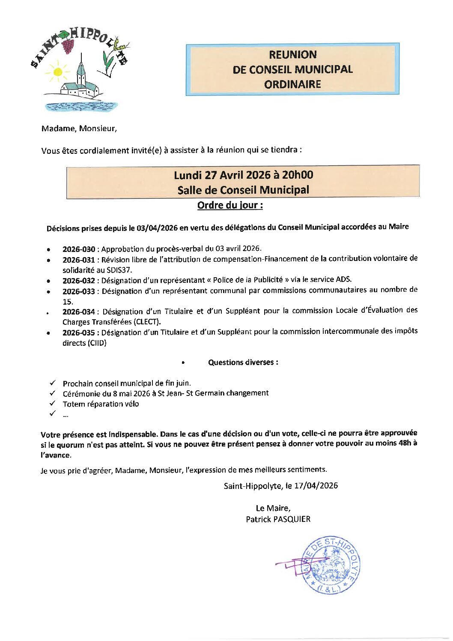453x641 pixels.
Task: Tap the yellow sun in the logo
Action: click(x=57, y=71)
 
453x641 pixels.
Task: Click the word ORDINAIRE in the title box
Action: click(x=292, y=84)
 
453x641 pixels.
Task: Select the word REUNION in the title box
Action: click(x=293, y=55)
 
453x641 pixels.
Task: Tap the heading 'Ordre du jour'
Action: click(x=230, y=205)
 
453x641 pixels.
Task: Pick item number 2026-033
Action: click(x=79, y=291)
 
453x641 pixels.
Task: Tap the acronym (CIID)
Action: click(x=97, y=343)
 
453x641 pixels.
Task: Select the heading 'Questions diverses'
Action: click(x=243, y=362)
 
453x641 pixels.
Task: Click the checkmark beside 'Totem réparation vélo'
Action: click(x=53, y=403)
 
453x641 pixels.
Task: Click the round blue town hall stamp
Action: click(x=331, y=565)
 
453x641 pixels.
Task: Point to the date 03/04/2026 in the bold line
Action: click(x=157, y=228)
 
